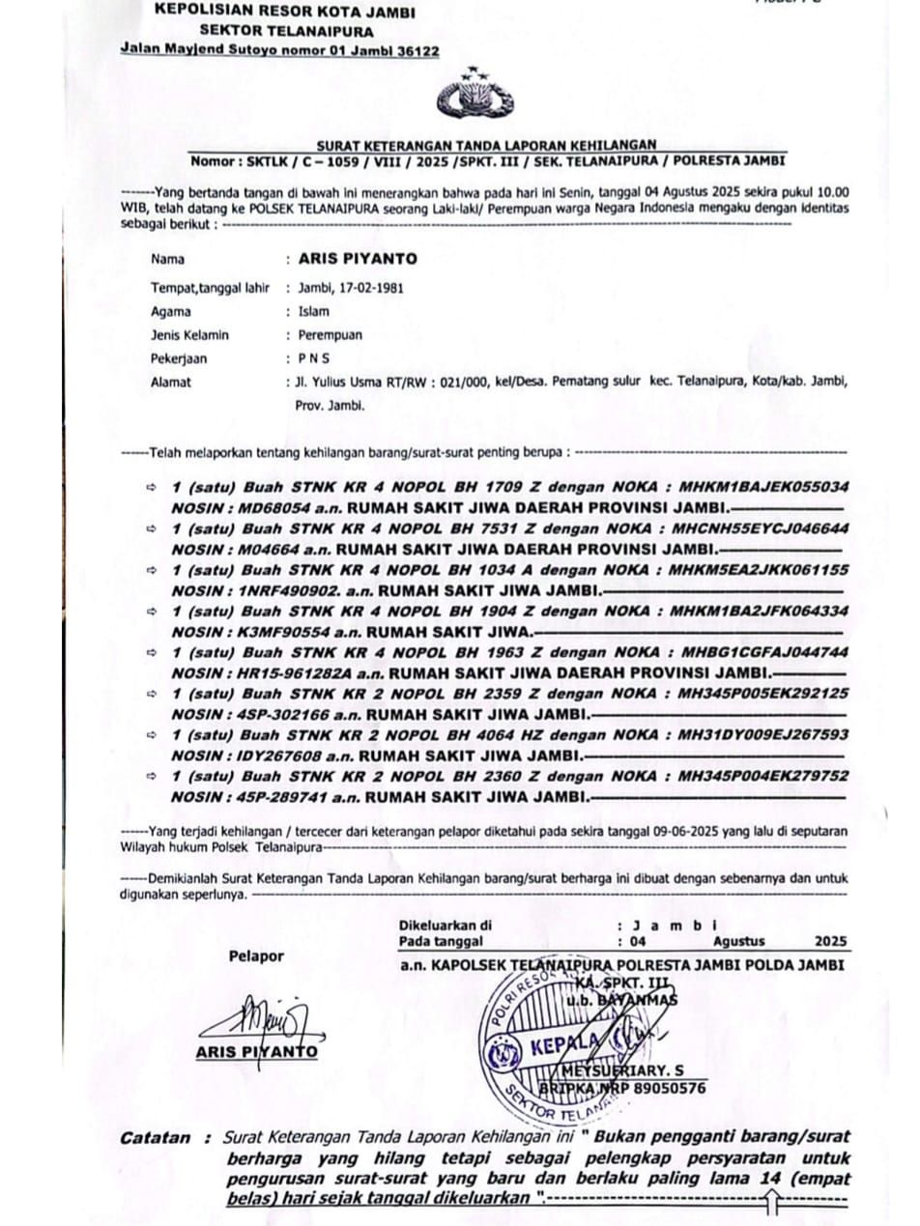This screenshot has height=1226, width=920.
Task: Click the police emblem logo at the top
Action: [x=474, y=96]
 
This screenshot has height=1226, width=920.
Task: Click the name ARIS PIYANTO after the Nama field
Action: [x=358, y=259]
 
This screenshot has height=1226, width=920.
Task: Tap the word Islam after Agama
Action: [x=314, y=311]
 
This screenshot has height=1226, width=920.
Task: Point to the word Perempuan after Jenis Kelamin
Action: [x=331, y=335]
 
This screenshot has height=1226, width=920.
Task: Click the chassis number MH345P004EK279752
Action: [x=763, y=776]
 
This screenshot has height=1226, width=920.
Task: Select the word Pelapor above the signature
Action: [x=256, y=956]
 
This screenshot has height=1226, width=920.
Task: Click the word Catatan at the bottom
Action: [x=156, y=1138]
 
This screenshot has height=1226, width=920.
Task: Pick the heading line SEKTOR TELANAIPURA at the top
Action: [x=273, y=31]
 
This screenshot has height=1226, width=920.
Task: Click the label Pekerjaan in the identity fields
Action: [x=179, y=358]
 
